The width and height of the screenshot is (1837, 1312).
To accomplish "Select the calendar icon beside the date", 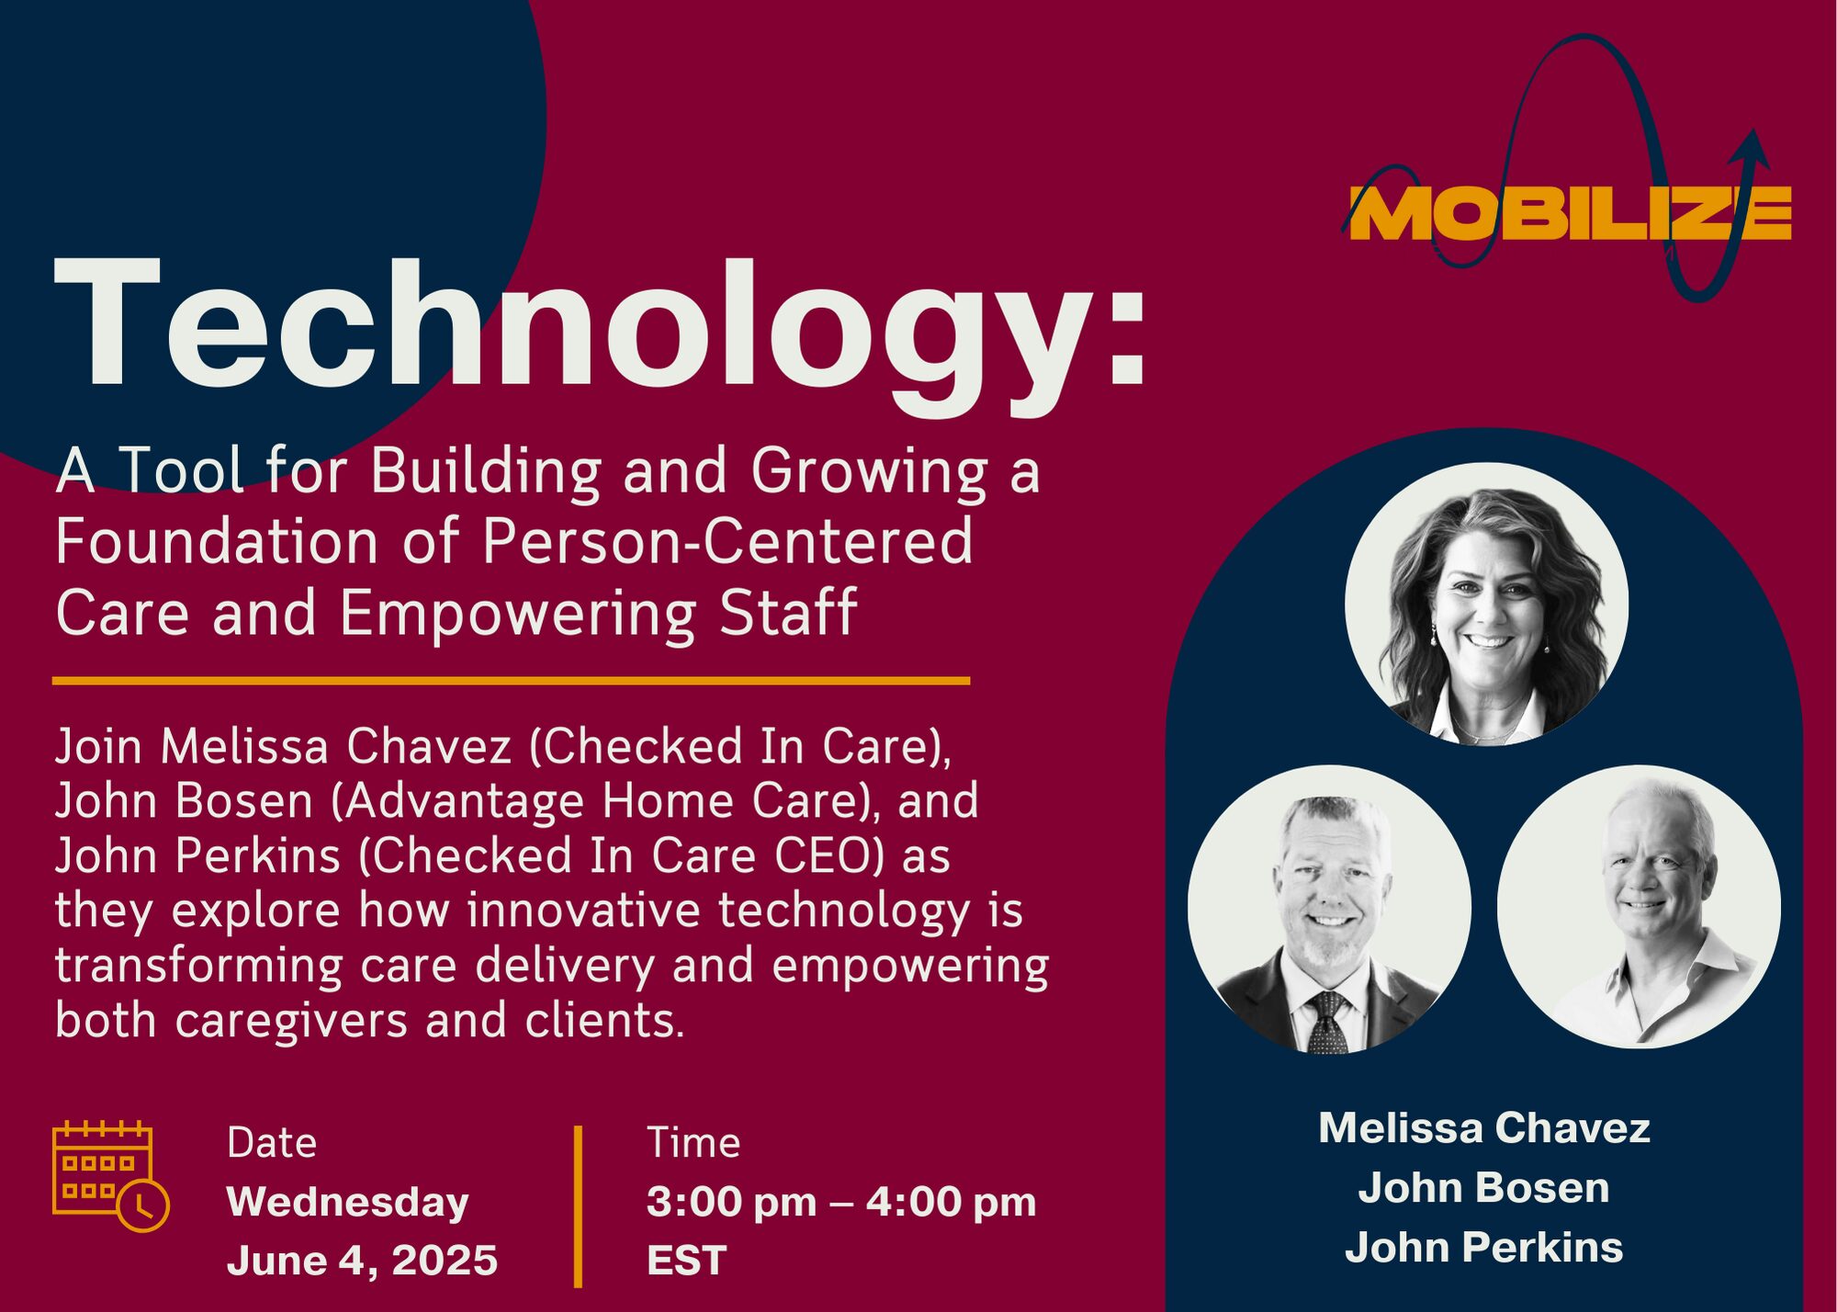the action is (x=110, y=1176).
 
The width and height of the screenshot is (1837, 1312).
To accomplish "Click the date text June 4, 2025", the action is (x=362, y=1260).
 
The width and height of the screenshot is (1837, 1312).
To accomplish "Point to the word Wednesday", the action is (x=348, y=1203).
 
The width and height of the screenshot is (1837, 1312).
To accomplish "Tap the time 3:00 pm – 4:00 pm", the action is (x=841, y=1202).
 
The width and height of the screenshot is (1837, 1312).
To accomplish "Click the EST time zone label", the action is (x=687, y=1260).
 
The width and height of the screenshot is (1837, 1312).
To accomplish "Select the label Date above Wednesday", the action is (x=272, y=1143).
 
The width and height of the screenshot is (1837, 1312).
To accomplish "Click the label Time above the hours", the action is (x=693, y=1143).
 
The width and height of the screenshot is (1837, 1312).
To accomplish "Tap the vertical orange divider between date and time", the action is (x=578, y=1206).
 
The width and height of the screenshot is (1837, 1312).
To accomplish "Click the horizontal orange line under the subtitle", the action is (x=511, y=681).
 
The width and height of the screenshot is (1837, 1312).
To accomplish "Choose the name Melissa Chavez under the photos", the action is (x=1484, y=1128).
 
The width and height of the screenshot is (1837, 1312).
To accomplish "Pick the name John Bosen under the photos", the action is (x=1484, y=1188).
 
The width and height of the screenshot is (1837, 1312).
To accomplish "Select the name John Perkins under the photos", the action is (x=1484, y=1248).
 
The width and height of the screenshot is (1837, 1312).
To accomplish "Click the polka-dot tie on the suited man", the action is (x=1328, y=1024).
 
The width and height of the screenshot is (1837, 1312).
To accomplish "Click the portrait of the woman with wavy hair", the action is (x=1487, y=604).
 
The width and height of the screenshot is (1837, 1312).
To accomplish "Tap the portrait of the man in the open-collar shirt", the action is (x=1639, y=907).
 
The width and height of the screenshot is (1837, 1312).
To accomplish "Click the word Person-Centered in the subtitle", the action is (x=727, y=541).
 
